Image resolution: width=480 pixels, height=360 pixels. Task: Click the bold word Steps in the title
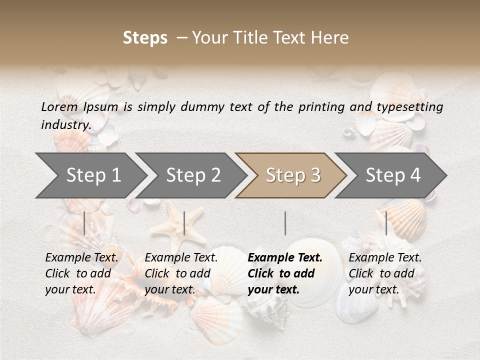point(145,38)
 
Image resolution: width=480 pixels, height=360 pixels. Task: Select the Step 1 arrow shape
point(90,175)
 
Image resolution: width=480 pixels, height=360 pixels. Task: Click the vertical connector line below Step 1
point(84,223)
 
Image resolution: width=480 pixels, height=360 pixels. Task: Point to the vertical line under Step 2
point(184,223)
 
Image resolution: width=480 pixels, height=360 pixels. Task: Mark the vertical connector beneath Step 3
point(285,223)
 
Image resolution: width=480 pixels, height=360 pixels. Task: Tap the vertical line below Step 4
point(386,223)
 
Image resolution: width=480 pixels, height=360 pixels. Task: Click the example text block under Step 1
point(81,273)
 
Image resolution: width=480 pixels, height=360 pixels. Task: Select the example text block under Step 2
point(181,273)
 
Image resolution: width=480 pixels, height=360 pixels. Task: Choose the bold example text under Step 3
point(285,273)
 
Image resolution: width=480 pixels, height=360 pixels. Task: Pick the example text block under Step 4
point(385,273)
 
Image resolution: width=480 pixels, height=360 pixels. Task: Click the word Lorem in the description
point(59,106)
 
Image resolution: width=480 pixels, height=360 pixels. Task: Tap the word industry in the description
point(65,124)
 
